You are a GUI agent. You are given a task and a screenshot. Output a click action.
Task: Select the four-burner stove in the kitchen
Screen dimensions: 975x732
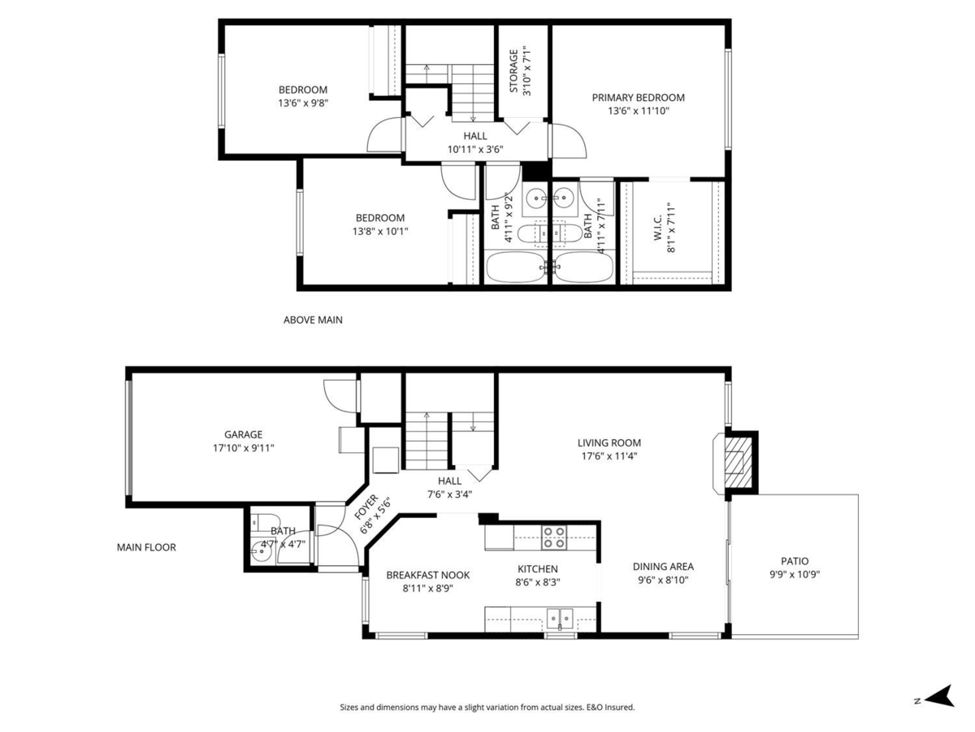[554, 538]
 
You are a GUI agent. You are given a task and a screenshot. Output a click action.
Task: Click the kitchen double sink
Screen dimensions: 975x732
[560, 619]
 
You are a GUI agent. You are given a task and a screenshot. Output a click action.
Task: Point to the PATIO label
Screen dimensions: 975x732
[795, 561]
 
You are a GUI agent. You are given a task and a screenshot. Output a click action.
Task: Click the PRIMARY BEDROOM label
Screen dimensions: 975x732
[638, 98]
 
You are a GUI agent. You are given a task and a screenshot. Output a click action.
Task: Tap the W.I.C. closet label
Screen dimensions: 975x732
[658, 228]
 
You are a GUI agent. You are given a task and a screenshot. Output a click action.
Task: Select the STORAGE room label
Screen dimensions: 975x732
[514, 71]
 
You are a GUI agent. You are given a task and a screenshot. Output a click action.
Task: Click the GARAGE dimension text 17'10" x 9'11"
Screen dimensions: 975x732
[244, 447]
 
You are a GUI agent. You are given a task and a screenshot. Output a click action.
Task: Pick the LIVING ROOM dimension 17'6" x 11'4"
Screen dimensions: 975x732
[609, 456]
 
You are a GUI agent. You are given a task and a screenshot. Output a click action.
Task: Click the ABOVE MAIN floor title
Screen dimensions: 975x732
[313, 320]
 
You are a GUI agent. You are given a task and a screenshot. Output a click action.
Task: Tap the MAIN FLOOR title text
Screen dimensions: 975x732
[146, 547]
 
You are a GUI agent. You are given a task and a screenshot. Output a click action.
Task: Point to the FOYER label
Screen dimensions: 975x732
[366, 507]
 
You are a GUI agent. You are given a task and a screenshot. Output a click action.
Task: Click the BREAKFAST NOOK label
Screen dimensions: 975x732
[427, 575]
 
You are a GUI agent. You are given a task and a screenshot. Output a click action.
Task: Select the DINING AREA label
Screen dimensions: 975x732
[663, 567]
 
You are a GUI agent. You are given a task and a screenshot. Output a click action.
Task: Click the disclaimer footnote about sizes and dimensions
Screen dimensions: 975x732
[487, 707]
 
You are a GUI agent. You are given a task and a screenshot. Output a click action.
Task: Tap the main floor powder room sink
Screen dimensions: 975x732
[261, 552]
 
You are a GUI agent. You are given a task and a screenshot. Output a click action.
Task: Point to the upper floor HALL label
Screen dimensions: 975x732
[475, 136]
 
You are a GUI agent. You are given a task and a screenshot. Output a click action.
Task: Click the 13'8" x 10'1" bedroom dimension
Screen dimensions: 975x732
[380, 231]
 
